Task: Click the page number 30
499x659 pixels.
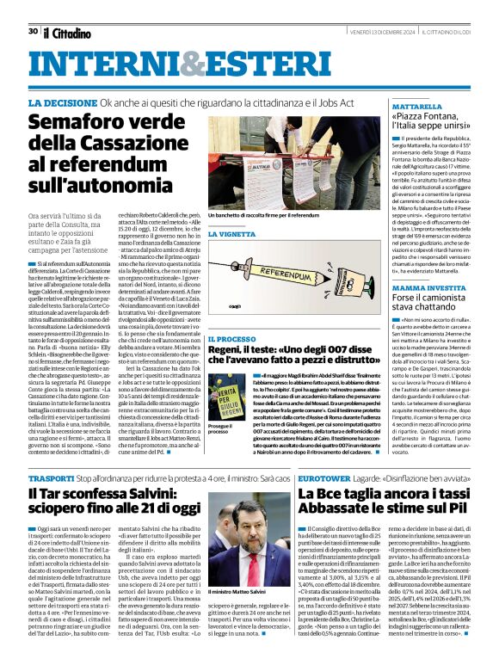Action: [x=33, y=8]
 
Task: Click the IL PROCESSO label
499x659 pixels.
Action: [x=232, y=342]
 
